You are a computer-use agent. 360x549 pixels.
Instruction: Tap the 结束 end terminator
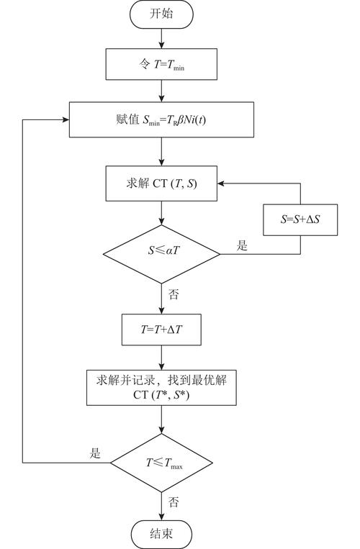pyautogui.click(x=161, y=534)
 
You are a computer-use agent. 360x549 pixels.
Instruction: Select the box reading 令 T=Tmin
pyautogui.click(x=161, y=65)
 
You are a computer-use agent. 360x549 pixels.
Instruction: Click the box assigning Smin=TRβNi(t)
pyautogui.click(x=161, y=119)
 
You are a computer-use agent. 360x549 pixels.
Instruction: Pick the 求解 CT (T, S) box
pyautogui.click(x=161, y=183)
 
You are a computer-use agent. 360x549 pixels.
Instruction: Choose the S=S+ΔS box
pyautogui.click(x=300, y=219)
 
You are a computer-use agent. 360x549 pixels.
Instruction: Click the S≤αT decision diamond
pyautogui.click(x=161, y=253)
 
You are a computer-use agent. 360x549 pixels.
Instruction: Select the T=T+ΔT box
pyautogui.click(x=161, y=330)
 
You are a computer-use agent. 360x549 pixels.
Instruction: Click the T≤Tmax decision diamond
pyautogui.click(x=161, y=462)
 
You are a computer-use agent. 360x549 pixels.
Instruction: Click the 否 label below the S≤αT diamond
pyautogui.click(x=174, y=294)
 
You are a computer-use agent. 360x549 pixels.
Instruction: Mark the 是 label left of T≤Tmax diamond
pyautogui.click(x=95, y=453)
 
